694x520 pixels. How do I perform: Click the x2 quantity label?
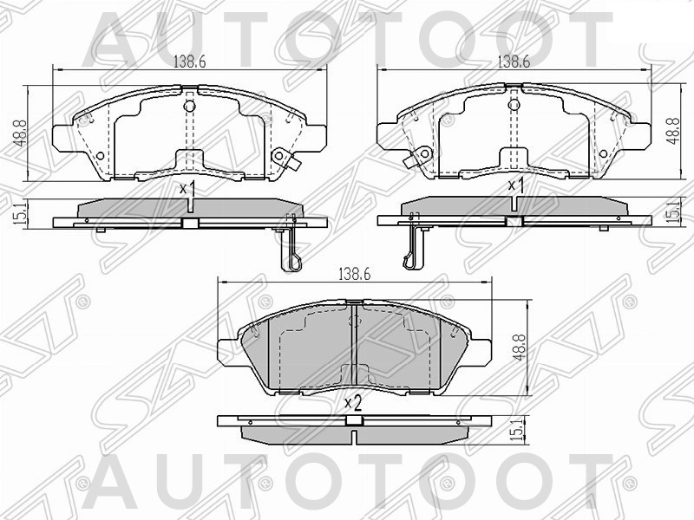coord(352,402)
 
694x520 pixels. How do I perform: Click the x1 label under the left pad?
coord(186,188)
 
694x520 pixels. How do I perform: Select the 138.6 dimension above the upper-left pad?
coord(188,62)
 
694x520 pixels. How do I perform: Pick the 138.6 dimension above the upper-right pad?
coord(514,62)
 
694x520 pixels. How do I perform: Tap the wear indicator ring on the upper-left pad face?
coord(280,156)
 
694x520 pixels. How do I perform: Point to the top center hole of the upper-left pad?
coord(191,106)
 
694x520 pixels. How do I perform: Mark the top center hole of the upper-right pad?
coord(514,106)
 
